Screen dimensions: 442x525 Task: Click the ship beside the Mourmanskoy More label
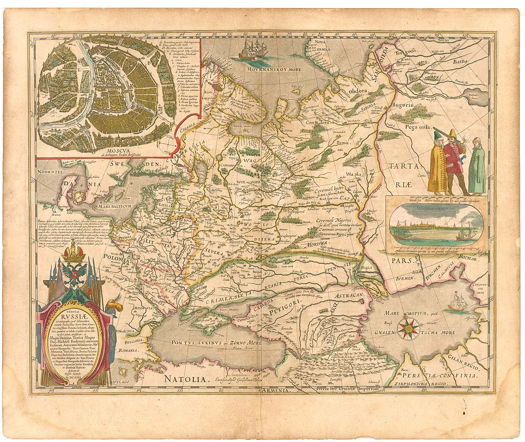point(253,51)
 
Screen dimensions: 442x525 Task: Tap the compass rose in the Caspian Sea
point(409,328)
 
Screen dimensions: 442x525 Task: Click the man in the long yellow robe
point(437,164)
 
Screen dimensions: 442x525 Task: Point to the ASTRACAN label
point(350,296)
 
